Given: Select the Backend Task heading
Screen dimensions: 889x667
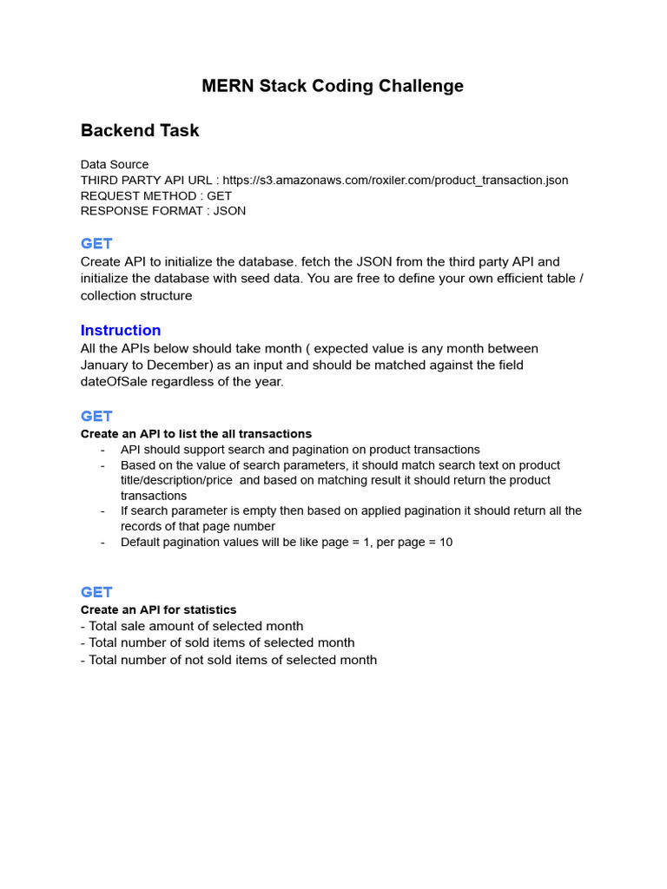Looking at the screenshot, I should click(140, 130).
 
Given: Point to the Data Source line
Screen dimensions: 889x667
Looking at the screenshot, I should click(115, 164).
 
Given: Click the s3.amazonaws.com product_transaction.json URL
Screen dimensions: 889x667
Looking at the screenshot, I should click(395, 180).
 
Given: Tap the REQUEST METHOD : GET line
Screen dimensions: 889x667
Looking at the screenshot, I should click(156, 195).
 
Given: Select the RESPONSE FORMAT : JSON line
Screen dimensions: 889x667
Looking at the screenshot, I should click(163, 211).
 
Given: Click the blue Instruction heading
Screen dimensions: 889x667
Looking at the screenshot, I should click(121, 330).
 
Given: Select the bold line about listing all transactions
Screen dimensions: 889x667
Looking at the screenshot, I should click(196, 433).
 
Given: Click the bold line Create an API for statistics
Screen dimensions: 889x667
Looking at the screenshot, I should click(158, 609).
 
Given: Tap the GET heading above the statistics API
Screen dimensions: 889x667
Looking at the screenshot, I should click(96, 592).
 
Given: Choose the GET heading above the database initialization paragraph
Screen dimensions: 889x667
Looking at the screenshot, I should click(96, 243).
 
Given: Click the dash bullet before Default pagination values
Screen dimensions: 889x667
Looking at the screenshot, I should click(102, 542).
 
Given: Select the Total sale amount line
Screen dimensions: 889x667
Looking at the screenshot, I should click(192, 626).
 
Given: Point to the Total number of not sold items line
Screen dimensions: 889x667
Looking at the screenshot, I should click(228, 660).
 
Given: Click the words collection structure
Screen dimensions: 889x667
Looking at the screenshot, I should click(136, 295).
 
